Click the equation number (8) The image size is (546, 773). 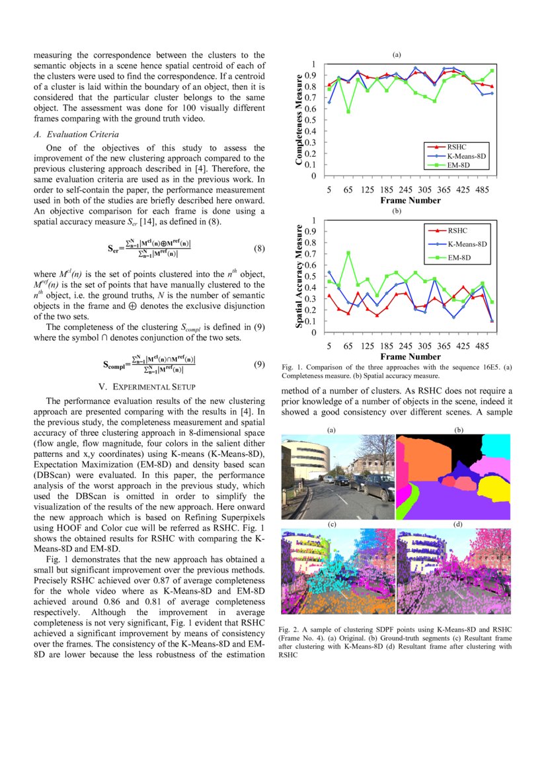(259, 249)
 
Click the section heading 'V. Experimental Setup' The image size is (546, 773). (149, 386)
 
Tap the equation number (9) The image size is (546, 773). (259, 364)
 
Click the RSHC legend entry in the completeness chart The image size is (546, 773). (457, 146)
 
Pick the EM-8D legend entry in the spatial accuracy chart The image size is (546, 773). (457, 257)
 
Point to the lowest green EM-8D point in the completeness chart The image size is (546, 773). (348, 111)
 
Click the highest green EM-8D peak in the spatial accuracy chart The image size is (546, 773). (348, 253)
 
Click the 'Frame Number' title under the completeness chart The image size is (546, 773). (410, 200)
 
